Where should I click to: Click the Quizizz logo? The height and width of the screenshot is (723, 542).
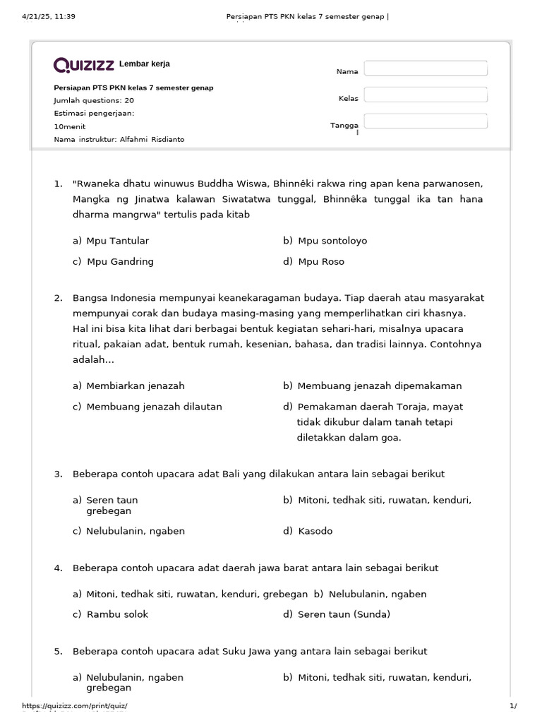pyautogui.click(x=84, y=66)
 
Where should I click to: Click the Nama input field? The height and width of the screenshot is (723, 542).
pyautogui.click(x=426, y=68)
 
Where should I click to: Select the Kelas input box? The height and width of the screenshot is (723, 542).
pyautogui.click(x=426, y=95)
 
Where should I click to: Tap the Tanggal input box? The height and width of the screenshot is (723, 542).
pyautogui.click(x=426, y=121)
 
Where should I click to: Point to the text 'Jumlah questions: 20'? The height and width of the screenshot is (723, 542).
pyautogui.click(x=94, y=100)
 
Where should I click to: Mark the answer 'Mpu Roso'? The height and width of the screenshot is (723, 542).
pyautogui.click(x=321, y=261)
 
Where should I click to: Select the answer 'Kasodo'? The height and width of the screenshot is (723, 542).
pyautogui.click(x=315, y=531)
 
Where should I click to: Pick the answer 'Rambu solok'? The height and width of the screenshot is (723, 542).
pyautogui.click(x=117, y=614)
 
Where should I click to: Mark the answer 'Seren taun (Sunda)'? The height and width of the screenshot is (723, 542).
pyautogui.click(x=344, y=614)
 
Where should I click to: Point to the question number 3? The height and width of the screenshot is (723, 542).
pyautogui.click(x=59, y=474)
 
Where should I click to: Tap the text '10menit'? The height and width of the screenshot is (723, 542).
pyautogui.click(x=69, y=126)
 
